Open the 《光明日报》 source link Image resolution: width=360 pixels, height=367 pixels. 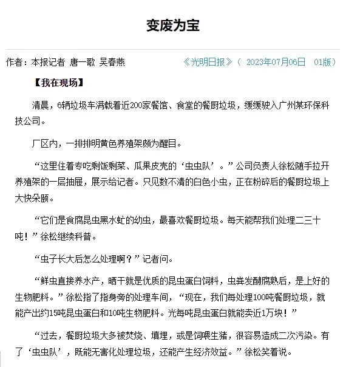(x=208, y=62)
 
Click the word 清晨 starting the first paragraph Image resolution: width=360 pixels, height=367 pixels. (x=39, y=103)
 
